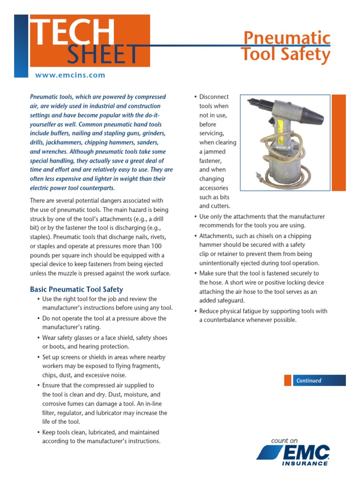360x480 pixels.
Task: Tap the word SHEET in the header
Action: click(103, 55)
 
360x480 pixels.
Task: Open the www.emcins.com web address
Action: click(70, 75)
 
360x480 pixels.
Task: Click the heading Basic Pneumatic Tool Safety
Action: click(76, 289)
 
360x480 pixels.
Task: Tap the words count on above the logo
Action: click(284, 441)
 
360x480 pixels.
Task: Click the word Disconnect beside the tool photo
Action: click(214, 97)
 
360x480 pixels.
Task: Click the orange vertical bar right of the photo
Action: click(338, 141)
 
